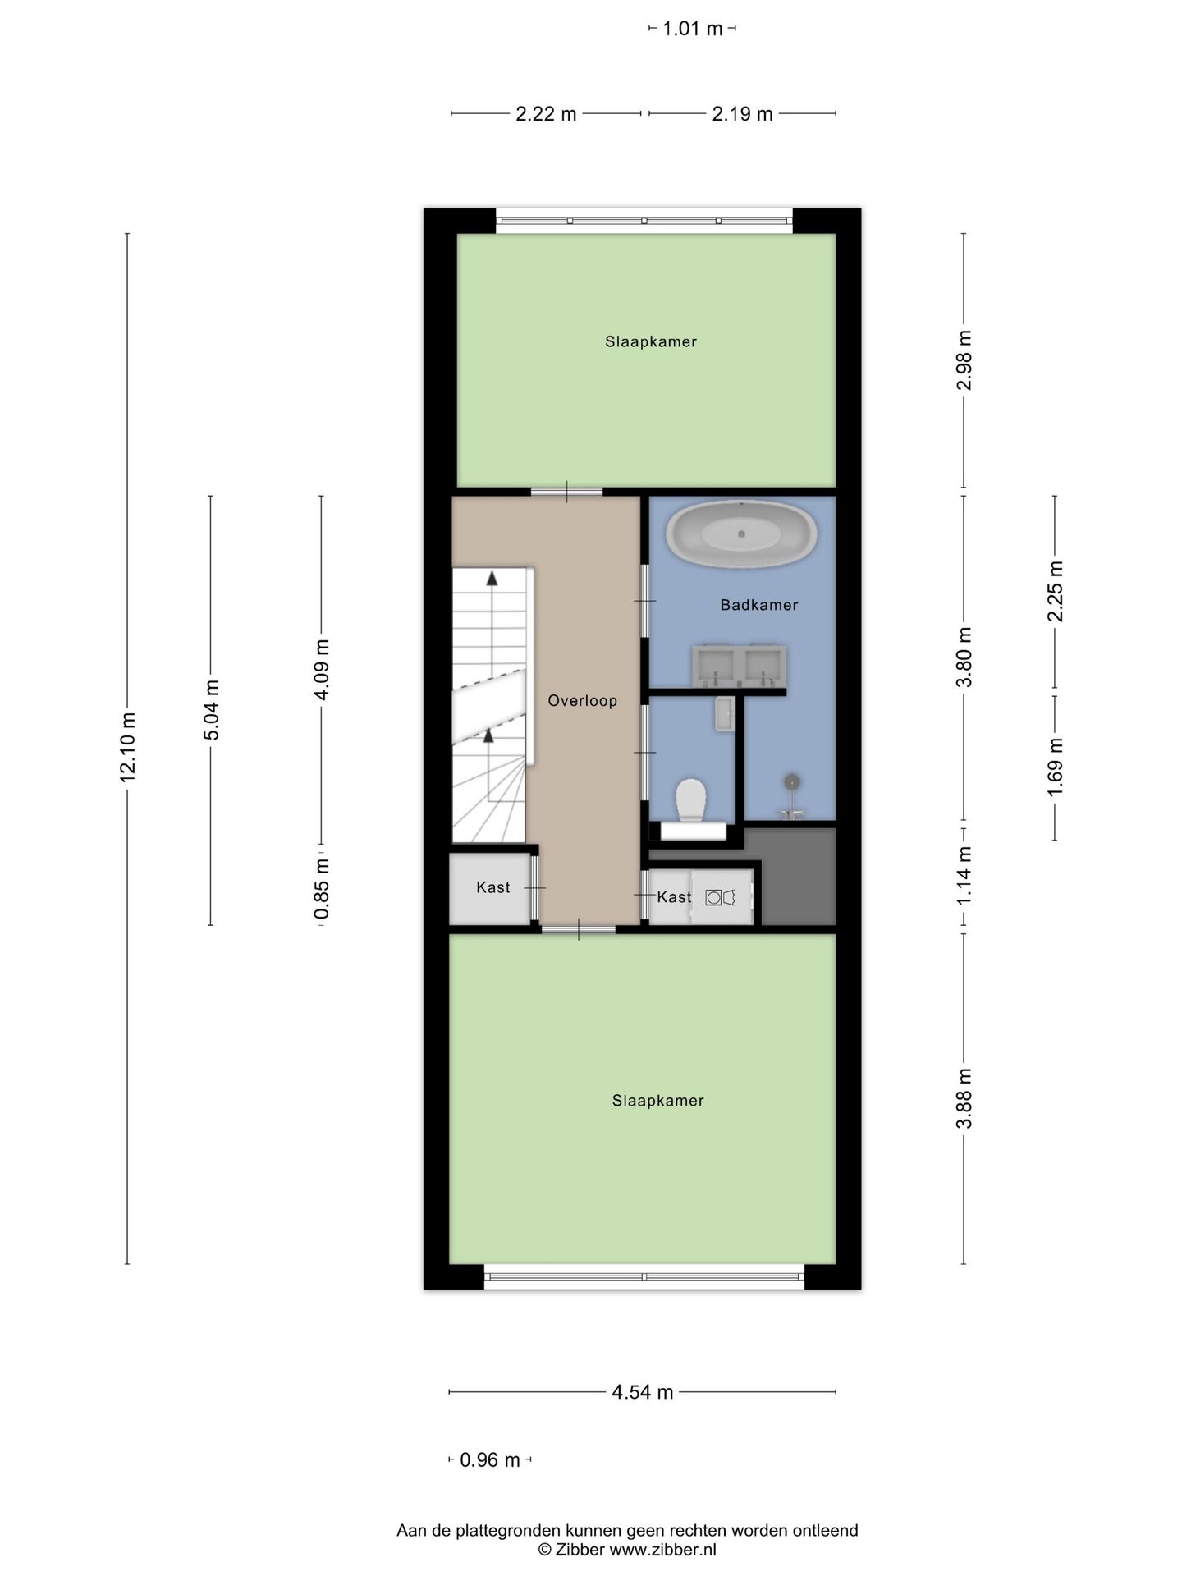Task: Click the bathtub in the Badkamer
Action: pos(740,534)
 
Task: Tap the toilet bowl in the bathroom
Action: pos(691,799)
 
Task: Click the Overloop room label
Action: pos(582,700)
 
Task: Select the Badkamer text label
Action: pos(758,605)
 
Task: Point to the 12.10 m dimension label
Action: pos(127,747)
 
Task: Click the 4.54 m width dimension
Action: pos(642,1392)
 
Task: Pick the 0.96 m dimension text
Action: pos(490,1460)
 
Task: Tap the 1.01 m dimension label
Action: pos(692,29)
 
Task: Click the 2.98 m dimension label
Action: pos(964,360)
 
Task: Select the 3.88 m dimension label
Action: pos(964,1098)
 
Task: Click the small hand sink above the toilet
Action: pos(724,713)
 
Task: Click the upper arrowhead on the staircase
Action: pos(492,578)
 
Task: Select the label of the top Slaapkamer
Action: pos(651,341)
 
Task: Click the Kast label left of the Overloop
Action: pos(492,887)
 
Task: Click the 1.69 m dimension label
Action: pos(1056,767)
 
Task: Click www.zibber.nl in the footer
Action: pos(662,1550)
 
